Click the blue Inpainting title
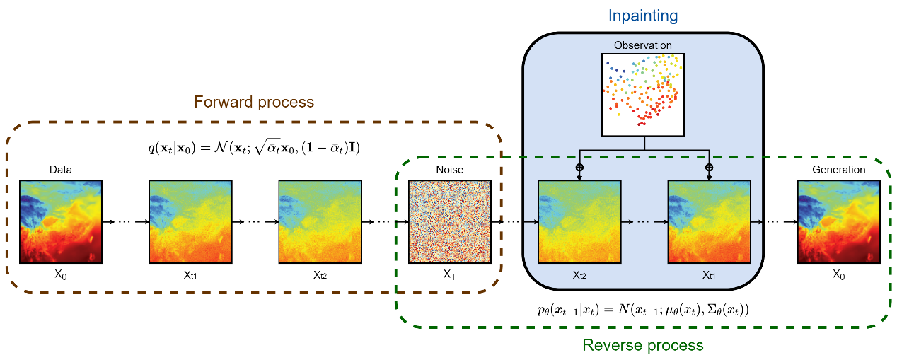point(643,16)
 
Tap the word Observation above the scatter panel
point(642,46)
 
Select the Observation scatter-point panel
point(643,94)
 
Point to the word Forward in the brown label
point(222,102)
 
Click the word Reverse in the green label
point(610,345)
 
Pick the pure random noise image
point(450,222)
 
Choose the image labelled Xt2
point(579,222)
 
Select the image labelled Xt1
point(709,222)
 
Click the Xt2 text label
point(579,275)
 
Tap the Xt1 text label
point(709,275)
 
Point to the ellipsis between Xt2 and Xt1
point(644,222)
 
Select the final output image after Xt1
point(839,222)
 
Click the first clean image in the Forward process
point(61,221)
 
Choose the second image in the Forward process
point(190,221)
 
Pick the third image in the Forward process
point(320,221)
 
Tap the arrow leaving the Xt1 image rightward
point(757,222)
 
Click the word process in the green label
point(672,345)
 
